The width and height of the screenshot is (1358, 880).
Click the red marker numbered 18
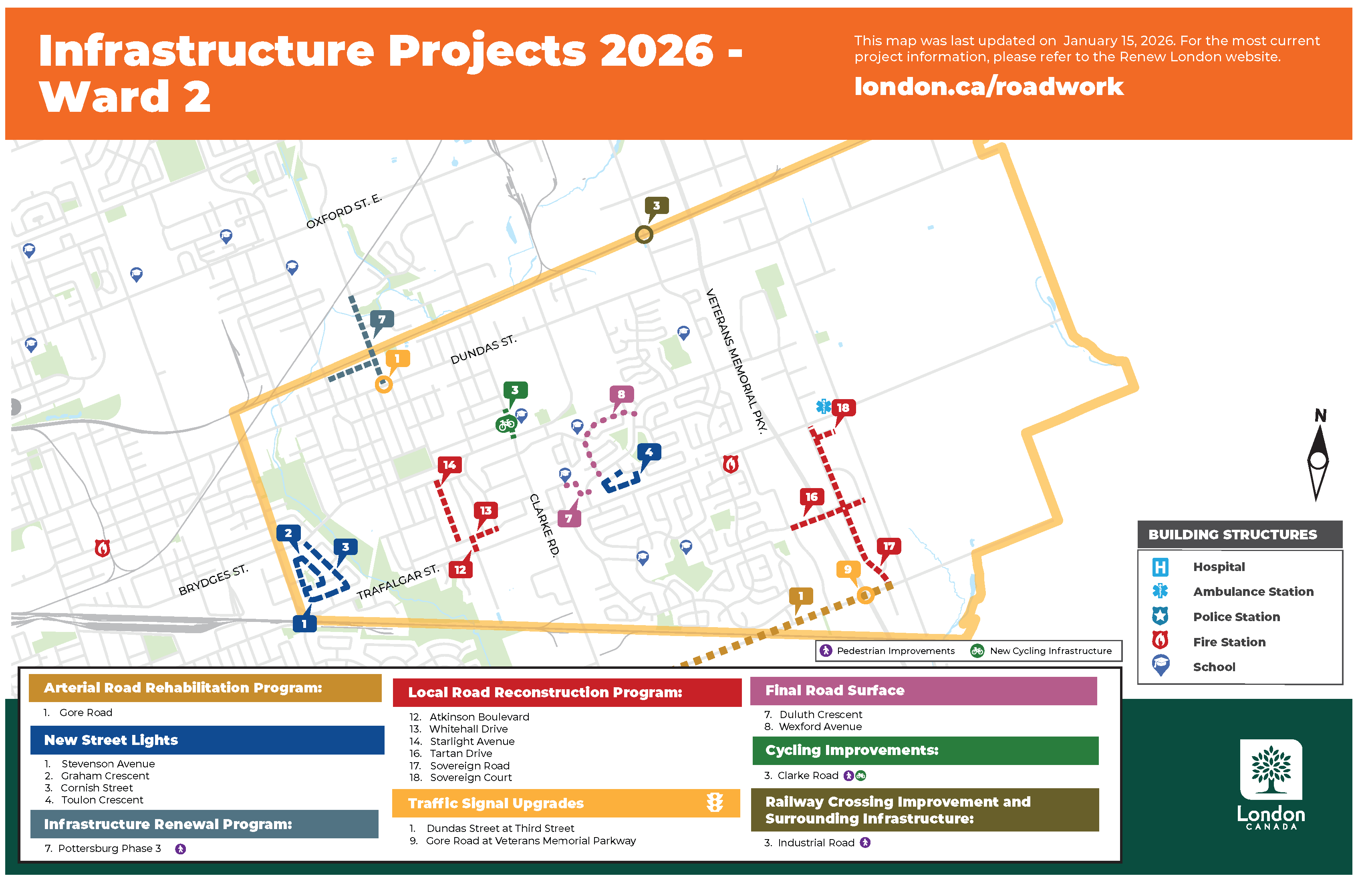[x=843, y=408]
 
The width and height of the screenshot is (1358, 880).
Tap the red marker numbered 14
[x=449, y=465]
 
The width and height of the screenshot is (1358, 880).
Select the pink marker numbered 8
[x=621, y=394]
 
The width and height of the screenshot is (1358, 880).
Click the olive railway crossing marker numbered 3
[x=656, y=206]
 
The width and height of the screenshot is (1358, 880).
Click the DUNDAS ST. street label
[x=483, y=349]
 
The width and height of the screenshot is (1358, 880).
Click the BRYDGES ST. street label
[x=213, y=580]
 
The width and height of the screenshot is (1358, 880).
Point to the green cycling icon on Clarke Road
[x=506, y=424]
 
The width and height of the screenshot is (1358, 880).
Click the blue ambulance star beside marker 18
[x=823, y=406]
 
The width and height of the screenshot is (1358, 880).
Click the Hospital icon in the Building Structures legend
[x=1160, y=567]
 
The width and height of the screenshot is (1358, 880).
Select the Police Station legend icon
[x=1160, y=616]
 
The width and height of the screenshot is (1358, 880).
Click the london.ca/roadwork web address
[x=988, y=87]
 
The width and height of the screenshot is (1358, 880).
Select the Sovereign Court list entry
[x=470, y=777]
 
